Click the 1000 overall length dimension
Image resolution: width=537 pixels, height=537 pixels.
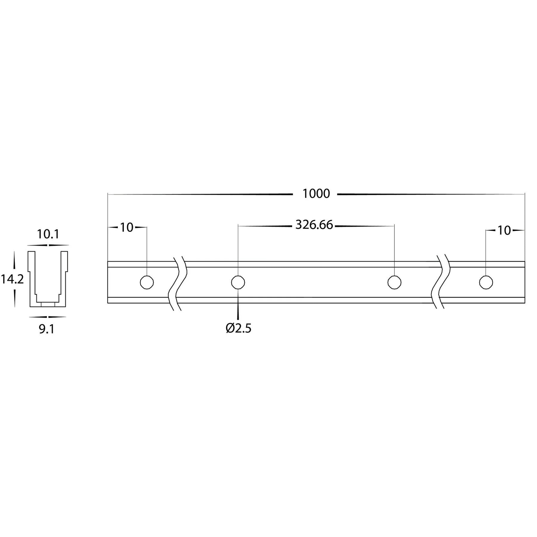(316, 194)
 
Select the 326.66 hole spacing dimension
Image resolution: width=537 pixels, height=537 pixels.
(314, 225)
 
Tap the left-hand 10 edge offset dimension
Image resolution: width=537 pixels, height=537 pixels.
(126, 227)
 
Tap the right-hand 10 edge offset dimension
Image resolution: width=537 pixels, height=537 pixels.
(504, 231)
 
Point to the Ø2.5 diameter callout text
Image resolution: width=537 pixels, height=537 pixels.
(239, 328)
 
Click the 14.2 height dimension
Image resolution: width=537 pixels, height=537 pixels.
(12, 280)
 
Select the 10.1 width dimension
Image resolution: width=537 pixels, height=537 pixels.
(48, 234)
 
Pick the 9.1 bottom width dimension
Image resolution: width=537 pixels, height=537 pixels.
(47, 329)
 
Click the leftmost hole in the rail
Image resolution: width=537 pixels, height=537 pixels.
(147, 282)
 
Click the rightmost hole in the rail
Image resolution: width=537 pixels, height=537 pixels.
(486, 282)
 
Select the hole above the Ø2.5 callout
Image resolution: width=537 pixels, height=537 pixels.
(238, 282)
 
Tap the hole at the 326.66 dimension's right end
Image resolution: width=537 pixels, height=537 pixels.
(394, 282)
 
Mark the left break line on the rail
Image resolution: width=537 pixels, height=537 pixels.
(178, 282)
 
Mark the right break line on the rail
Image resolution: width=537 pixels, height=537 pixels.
(441, 282)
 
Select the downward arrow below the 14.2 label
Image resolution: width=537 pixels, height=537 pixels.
(14, 300)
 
